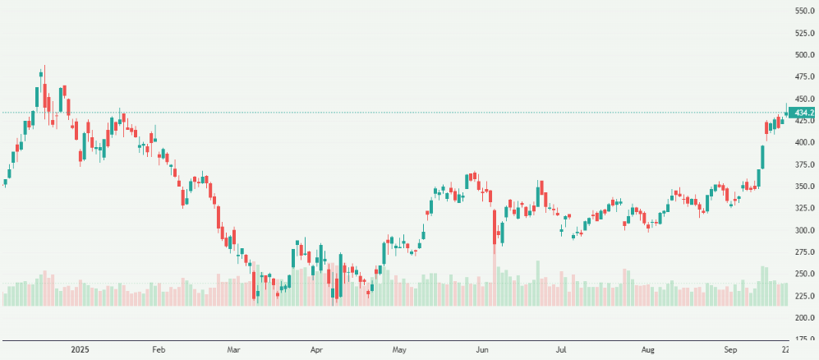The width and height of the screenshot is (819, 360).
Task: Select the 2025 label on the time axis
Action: pyautogui.click(x=80, y=350)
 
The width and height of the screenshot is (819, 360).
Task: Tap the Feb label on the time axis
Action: pyautogui.click(x=159, y=350)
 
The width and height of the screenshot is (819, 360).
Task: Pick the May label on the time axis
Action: pyautogui.click(x=400, y=350)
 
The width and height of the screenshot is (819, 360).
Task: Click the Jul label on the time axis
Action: pyautogui.click(x=561, y=350)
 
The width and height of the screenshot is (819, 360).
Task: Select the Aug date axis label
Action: pyautogui.click(x=648, y=350)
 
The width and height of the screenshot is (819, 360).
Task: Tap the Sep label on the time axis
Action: pyautogui.click(x=731, y=350)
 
